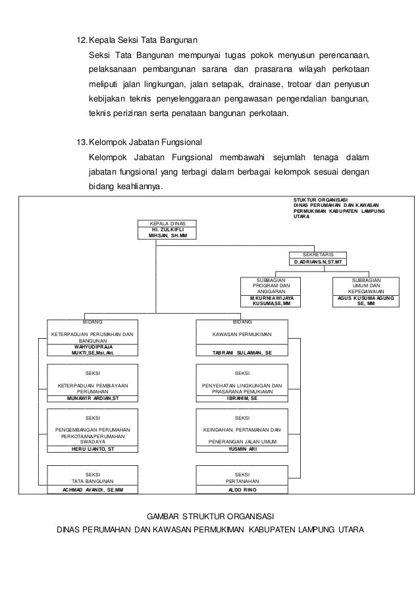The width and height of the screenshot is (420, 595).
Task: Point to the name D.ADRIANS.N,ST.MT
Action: click(x=318, y=262)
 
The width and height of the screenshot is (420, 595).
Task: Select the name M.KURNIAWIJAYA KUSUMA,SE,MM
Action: click(x=271, y=300)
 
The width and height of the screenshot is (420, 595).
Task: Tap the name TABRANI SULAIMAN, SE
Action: click(x=242, y=353)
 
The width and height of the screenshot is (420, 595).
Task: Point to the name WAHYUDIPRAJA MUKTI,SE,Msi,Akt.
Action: click(x=93, y=349)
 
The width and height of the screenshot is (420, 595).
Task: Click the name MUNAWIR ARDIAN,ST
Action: click(x=93, y=399)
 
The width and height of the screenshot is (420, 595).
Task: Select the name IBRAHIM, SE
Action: click(x=242, y=399)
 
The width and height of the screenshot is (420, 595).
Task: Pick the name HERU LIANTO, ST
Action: click(x=93, y=448)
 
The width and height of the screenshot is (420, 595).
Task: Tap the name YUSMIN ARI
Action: click(x=242, y=448)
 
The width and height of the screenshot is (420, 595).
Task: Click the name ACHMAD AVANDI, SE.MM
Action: click(x=93, y=490)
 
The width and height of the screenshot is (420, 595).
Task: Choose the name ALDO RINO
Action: click(x=242, y=490)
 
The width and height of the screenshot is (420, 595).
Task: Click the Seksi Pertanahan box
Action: click(x=242, y=477)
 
